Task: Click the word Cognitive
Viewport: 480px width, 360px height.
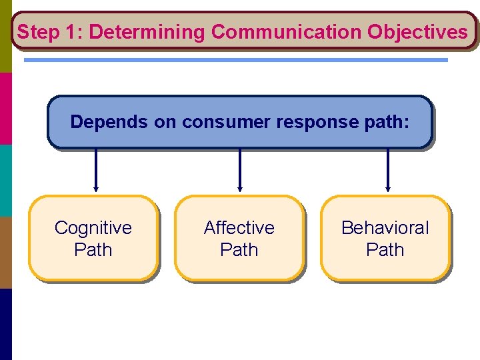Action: click(93, 228)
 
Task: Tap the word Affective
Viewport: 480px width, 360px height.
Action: click(239, 228)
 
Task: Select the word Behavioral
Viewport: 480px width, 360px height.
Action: click(385, 228)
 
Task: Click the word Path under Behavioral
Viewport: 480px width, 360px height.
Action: click(385, 250)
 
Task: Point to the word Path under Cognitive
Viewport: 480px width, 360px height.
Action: click(93, 250)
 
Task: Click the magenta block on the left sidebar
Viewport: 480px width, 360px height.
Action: click(5, 108)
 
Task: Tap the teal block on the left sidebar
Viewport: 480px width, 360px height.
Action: click(5, 180)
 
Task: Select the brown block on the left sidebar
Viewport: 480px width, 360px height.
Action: click(5, 252)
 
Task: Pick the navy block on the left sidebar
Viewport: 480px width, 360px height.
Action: click(5, 324)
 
